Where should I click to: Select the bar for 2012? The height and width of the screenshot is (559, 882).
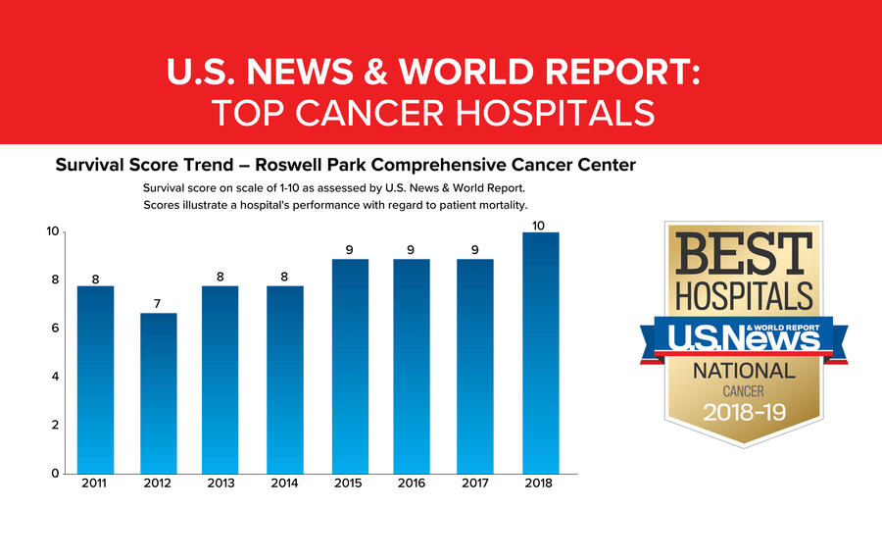point(159,393)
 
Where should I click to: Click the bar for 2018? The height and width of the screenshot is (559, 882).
point(538,353)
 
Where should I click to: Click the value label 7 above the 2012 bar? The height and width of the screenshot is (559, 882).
point(159,303)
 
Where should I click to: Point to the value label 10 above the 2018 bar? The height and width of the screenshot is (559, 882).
point(538,226)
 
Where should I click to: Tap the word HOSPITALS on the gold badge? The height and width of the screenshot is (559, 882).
point(743,295)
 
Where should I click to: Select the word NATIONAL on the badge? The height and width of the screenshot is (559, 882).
point(744,371)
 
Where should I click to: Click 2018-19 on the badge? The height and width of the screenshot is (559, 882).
point(744,413)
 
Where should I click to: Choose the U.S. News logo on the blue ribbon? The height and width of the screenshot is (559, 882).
point(743,337)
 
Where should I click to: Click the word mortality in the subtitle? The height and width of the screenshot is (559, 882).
point(496,205)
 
